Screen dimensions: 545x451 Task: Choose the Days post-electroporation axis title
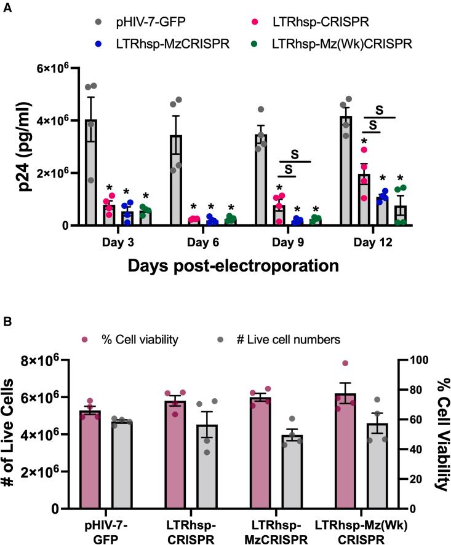[234, 267]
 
